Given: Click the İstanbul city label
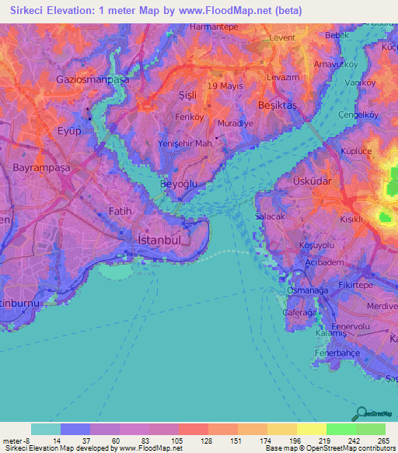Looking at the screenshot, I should click(159, 241).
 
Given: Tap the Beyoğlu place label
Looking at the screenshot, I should click(176, 184).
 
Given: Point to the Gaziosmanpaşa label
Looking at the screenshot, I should click(92, 79).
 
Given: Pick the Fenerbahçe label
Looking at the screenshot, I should click(334, 353).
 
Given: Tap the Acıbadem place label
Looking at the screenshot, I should click(323, 263).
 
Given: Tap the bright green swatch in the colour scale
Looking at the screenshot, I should click(340, 429).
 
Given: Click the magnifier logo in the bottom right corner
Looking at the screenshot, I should click(360, 413).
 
